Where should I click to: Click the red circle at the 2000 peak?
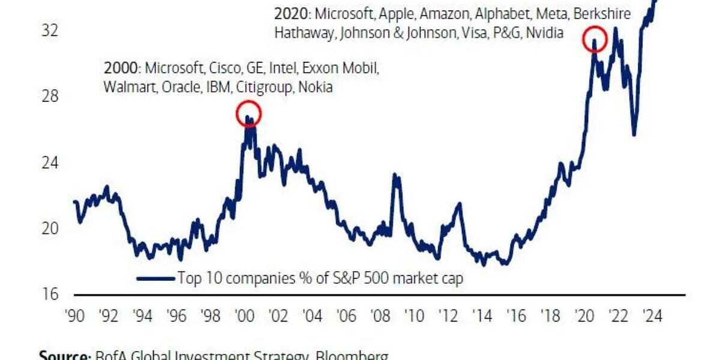click(x=249, y=113)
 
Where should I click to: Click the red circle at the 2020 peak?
click(x=595, y=39)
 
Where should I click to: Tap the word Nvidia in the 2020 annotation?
click(x=544, y=34)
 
